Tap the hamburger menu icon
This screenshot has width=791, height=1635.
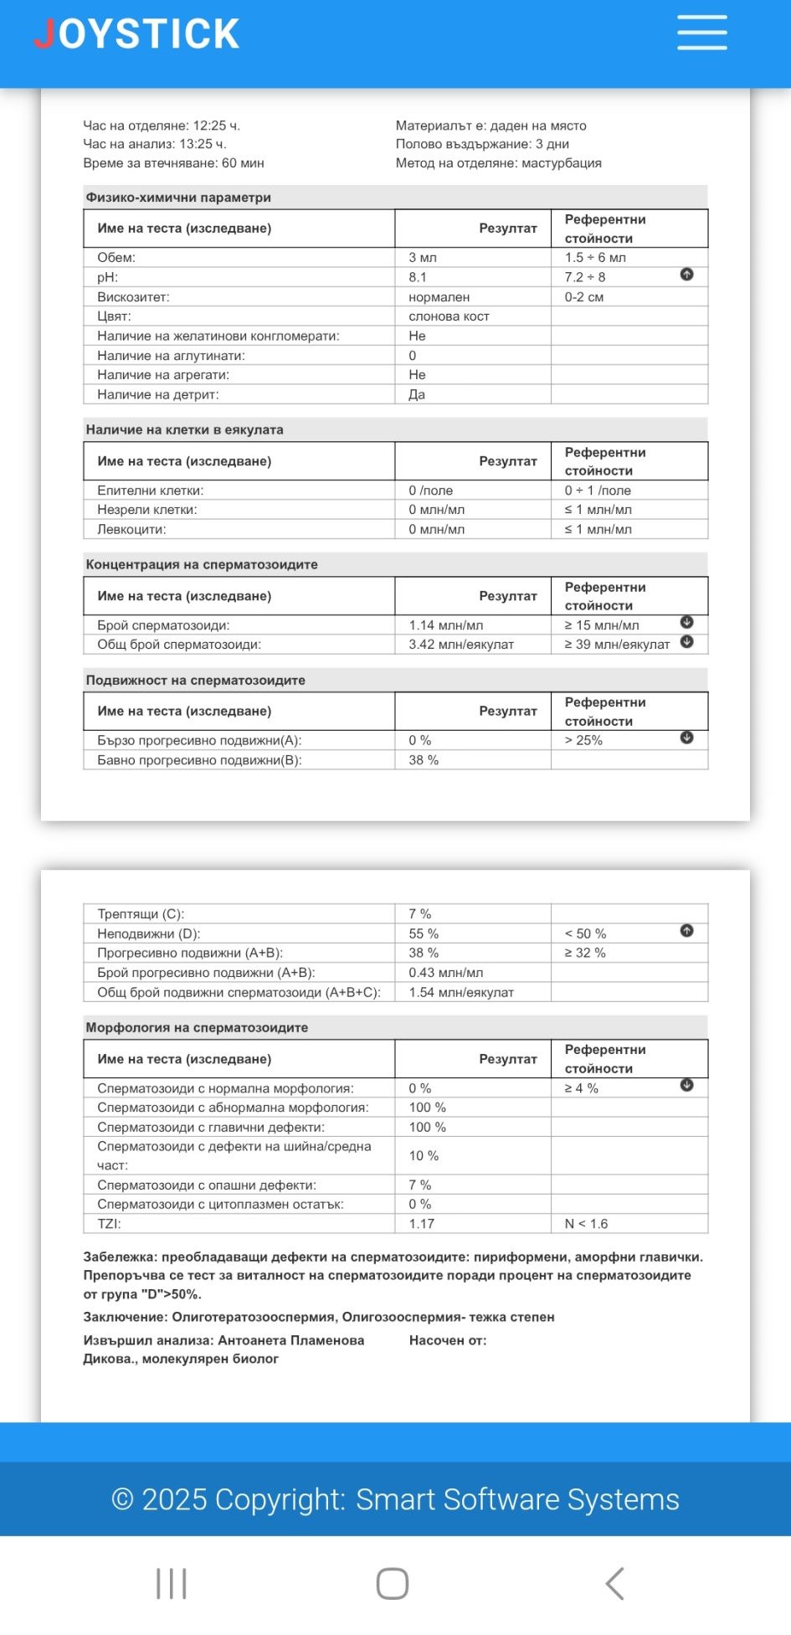pyautogui.click(x=701, y=33)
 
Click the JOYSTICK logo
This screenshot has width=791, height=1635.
pyautogui.click(x=136, y=34)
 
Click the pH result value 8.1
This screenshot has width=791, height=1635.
pyautogui.click(x=418, y=277)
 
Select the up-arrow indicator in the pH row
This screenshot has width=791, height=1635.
pyautogui.click(x=686, y=275)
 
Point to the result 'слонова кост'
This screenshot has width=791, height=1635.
pyautogui.click(x=449, y=316)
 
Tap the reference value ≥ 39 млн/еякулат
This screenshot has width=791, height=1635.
pyautogui.click(x=617, y=645)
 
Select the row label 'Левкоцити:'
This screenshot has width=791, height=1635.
pyautogui.click(x=131, y=529)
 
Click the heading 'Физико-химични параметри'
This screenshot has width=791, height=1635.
pyautogui.click(x=178, y=198)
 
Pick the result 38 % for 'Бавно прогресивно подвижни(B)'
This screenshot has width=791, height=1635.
pyautogui.click(x=424, y=760)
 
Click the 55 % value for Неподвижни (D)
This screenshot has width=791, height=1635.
pyautogui.click(x=424, y=933)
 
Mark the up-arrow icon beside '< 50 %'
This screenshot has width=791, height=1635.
pyautogui.click(x=686, y=931)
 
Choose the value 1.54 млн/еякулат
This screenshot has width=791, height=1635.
pyautogui.click(x=461, y=992)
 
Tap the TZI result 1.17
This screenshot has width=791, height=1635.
pyautogui.click(x=422, y=1224)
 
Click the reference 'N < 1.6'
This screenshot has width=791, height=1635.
pyautogui.click(x=586, y=1224)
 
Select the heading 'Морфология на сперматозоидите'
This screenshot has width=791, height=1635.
pyautogui.click(x=197, y=1027)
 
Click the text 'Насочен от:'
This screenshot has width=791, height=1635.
pyautogui.click(x=448, y=1340)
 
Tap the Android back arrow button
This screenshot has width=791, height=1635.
pyautogui.click(x=615, y=1583)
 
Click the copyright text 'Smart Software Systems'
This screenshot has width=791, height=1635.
pyautogui.click(x=517, y=1499)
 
